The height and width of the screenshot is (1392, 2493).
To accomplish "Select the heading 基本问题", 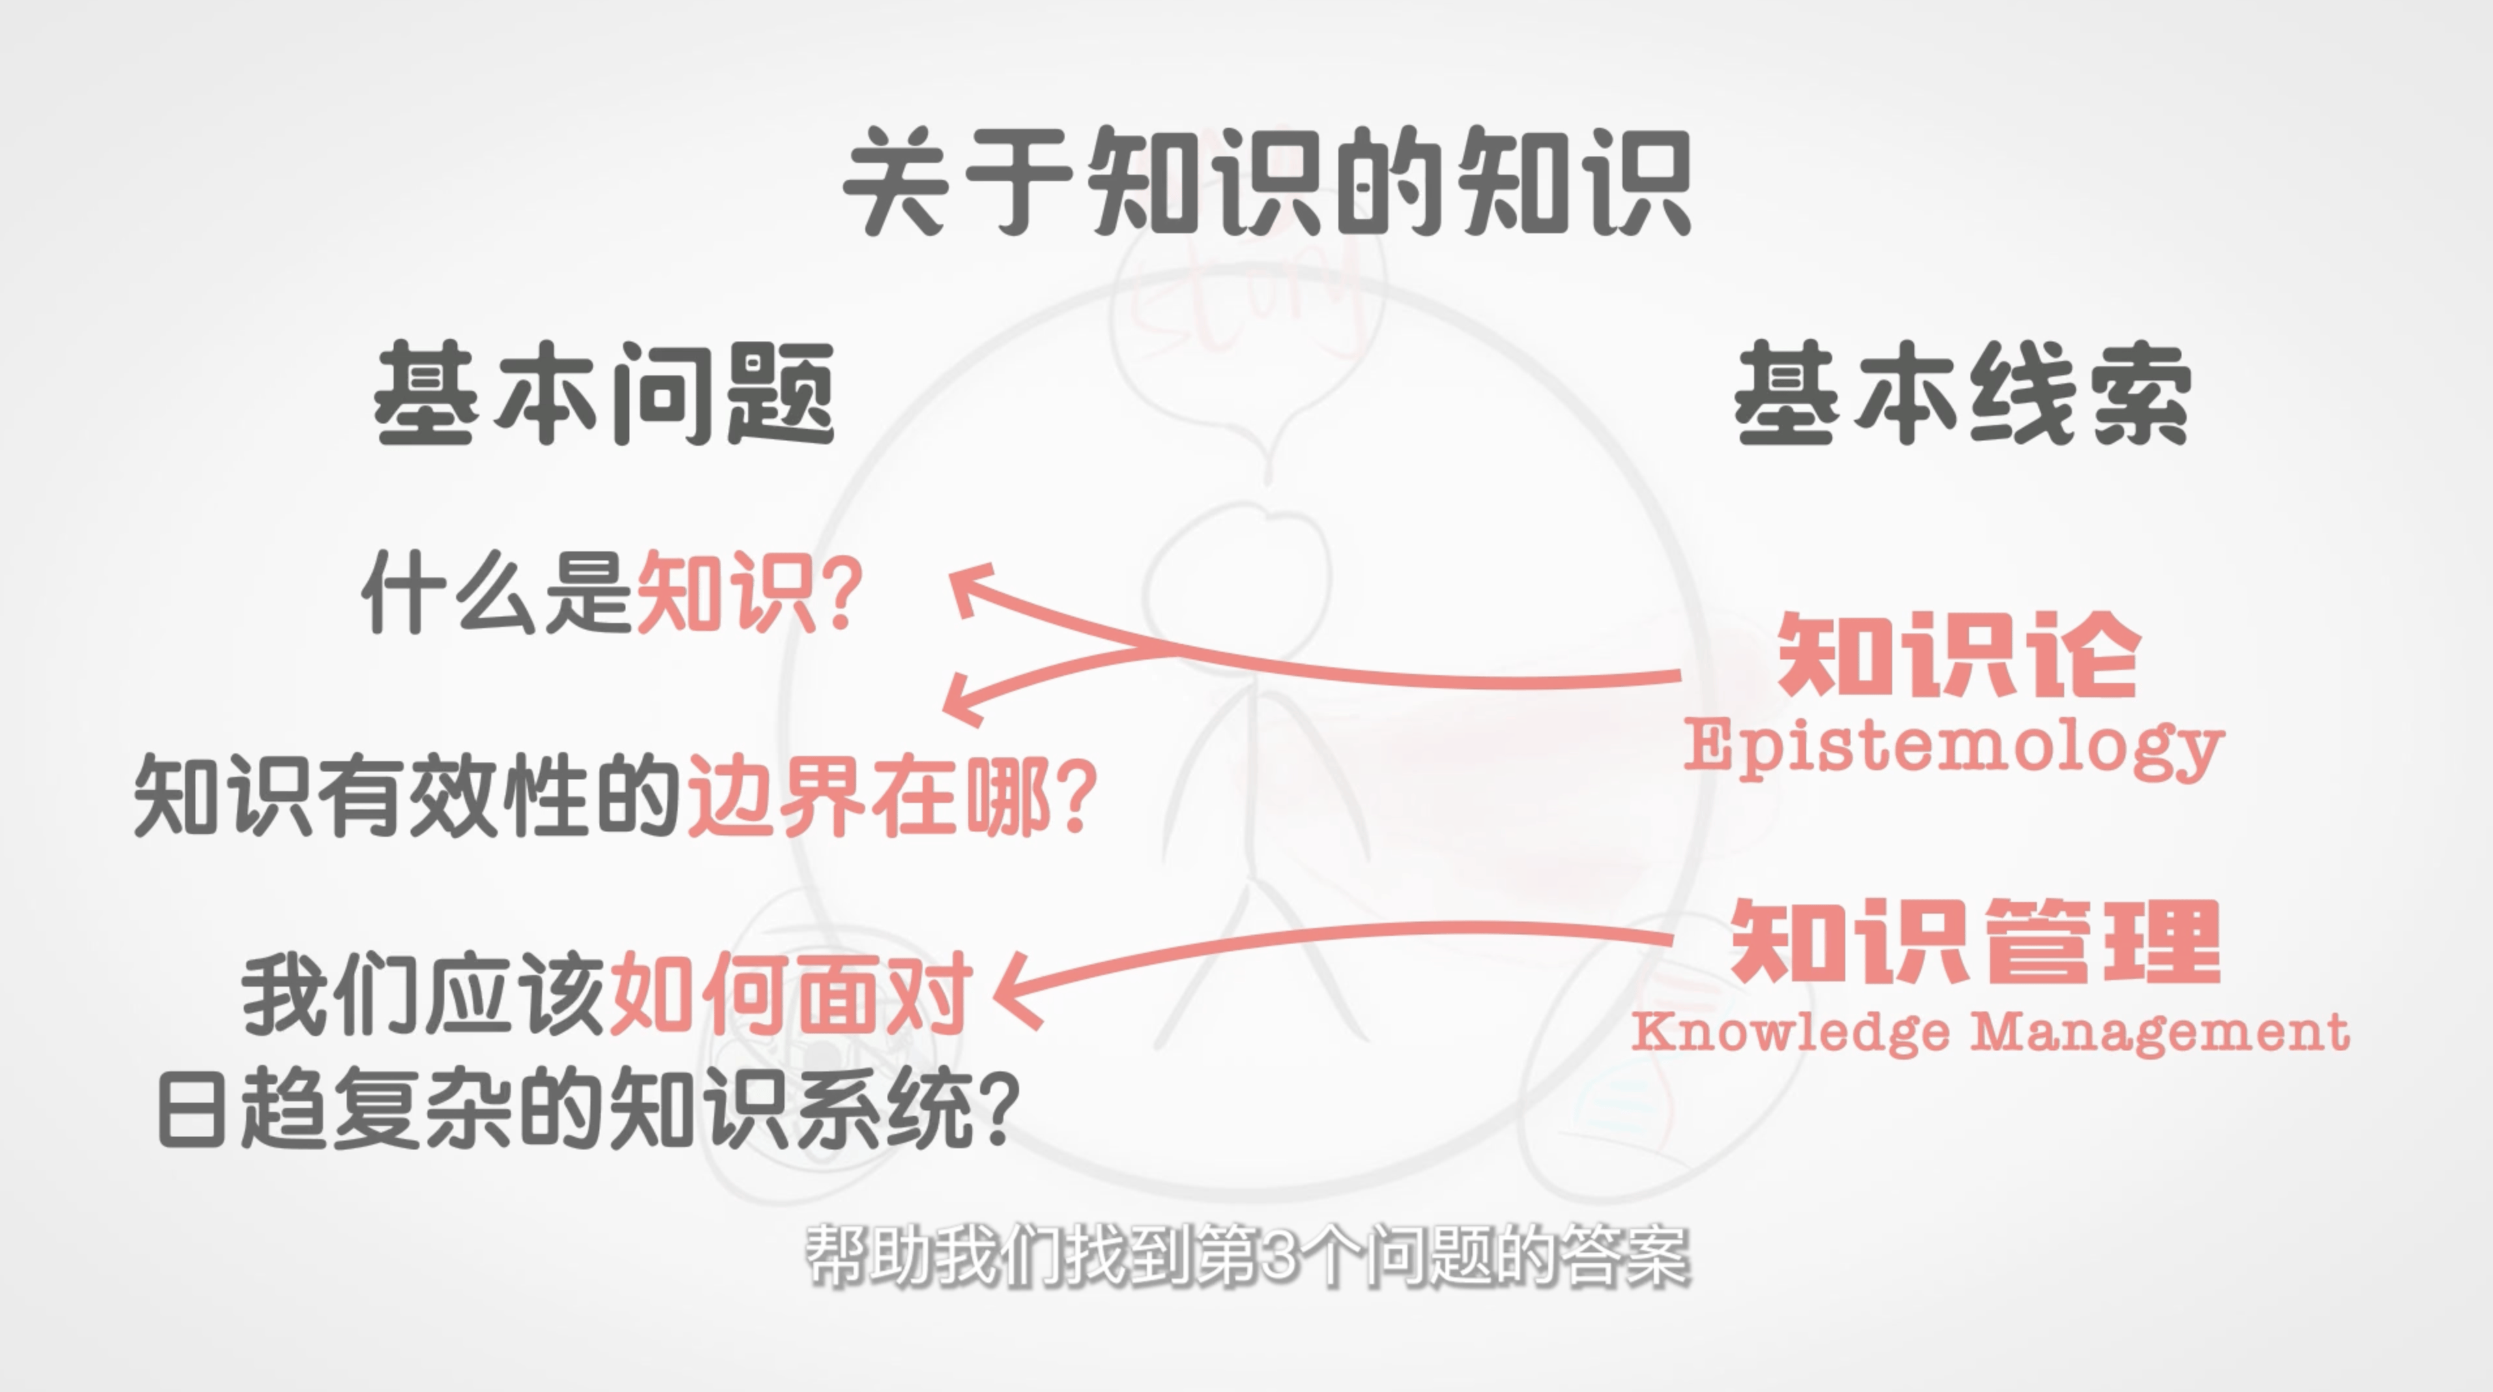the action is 604,393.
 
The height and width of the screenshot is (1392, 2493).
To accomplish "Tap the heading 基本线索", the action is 1963,393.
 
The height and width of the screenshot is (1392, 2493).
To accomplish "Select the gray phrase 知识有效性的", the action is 409,796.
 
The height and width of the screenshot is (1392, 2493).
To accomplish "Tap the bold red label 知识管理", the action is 1974,941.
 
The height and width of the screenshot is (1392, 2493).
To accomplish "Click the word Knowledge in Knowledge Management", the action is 1791,1032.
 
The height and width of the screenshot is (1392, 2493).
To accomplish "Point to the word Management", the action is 2161,1032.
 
